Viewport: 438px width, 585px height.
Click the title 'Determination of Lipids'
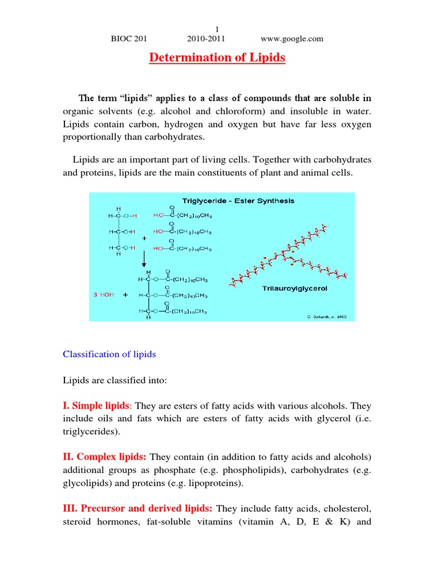pos(217,58)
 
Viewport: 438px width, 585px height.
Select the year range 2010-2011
pos(206,39)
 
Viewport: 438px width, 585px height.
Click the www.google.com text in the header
pos(292,39)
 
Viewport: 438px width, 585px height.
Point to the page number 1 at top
pos(217,30)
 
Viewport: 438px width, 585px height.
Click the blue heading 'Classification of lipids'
pos(109,354)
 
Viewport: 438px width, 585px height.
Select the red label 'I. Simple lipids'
pos(96,406)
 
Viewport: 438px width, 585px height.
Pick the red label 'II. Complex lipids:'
pos(104,458)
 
